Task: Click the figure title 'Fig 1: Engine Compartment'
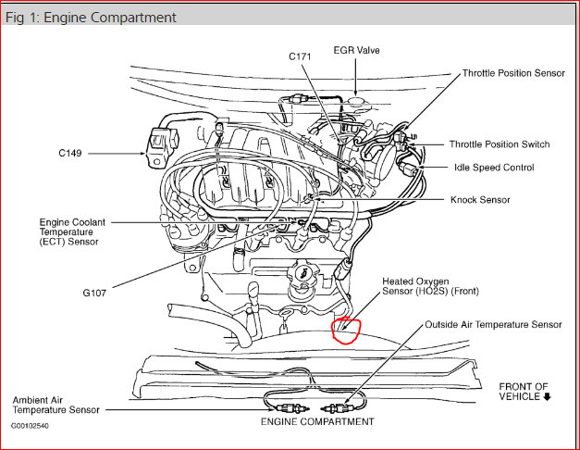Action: coord(91,18)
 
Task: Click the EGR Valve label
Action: coord(356,50)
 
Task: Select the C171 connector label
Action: coord(301,57)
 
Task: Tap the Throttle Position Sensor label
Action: coord(513,73)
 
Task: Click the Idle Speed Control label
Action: coord(492,168)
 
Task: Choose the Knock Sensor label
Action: coord(480,199)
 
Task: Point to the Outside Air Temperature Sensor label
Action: coord(493,325)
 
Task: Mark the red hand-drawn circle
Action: coord(345,328)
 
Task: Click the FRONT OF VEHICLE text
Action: coord(523,391)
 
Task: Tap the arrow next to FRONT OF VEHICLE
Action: coord(549,396)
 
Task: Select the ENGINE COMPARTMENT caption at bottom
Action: coord(317,421)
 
